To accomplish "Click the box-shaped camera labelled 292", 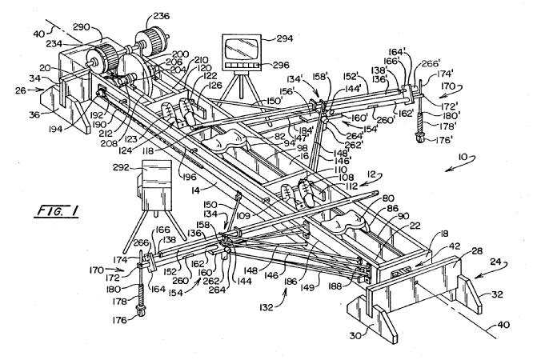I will coord(154,182).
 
